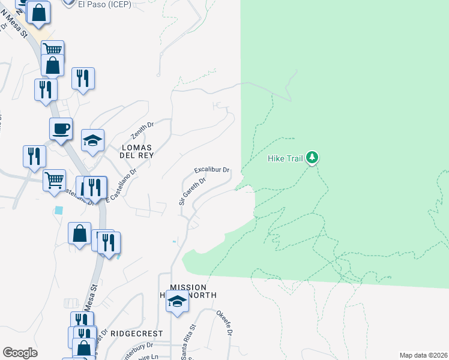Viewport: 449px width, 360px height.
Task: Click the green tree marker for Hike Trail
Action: coord(312,158)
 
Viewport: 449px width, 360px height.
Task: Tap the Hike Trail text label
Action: coord(285,159)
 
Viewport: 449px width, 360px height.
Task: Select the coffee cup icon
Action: coord(61,128)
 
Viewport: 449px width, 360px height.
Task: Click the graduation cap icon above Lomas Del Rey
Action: coord(92,140)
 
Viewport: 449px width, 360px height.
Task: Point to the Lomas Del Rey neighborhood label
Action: coord(137,151)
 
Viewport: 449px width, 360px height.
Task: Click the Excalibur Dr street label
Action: coord(212,170)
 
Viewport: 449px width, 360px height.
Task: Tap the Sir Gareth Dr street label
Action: coord(192,191)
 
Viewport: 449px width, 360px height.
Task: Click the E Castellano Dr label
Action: coord(121,184)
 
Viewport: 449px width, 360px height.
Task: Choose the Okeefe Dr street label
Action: coord(224,323)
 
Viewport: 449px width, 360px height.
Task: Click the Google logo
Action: coord(20,353)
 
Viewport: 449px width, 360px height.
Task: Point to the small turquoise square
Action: coord(58,211)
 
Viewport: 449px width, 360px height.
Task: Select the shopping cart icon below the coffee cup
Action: coord(54,179)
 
